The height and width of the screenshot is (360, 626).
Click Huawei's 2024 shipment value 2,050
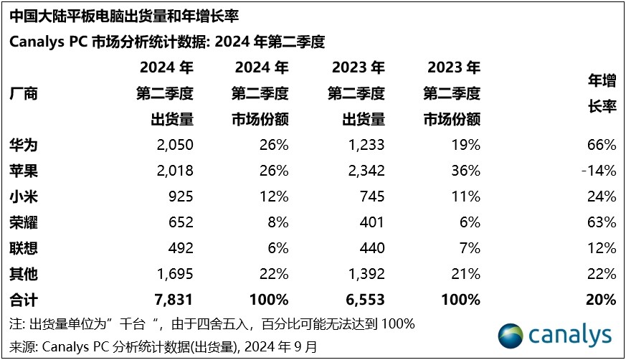pos(175,146)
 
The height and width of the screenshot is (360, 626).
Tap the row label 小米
pos(24,196)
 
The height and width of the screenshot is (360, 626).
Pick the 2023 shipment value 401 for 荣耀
pos(372,222)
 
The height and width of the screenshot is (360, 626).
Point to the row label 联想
pos(24,248)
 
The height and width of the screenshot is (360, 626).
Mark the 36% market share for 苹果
pos(466,171)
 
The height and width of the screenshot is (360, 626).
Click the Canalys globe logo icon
pos(512,335)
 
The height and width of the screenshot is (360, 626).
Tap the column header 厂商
pos(24,94)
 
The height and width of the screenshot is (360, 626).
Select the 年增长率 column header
pos(602,94)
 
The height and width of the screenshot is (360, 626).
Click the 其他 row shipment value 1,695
pos(175,274)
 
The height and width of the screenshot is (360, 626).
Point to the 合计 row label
pos(24,300)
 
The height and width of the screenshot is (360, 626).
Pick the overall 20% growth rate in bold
pos(601,300)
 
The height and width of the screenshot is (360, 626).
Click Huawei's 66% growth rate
pos(601,146)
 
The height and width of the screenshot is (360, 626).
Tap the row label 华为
pos(24,146)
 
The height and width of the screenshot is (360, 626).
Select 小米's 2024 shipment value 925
pos(181,196)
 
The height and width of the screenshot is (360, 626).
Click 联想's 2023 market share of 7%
pos(470,248)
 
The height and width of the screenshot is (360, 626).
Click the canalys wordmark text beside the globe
pos(571,335)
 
